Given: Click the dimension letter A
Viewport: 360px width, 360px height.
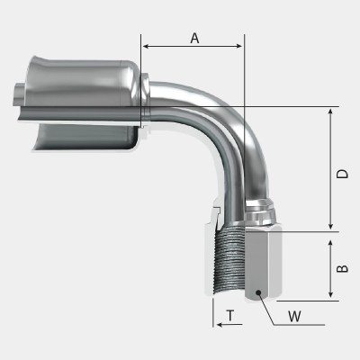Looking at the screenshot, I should [x=193, y=37].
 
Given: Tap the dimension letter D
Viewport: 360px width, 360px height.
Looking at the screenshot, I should [x=343, y=173].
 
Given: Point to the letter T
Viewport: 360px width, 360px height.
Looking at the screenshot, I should [x=231, y=316].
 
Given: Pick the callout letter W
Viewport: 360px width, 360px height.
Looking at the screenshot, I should [x=295, y=316].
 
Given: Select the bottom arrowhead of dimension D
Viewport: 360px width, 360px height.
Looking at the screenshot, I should [x=332, y=226].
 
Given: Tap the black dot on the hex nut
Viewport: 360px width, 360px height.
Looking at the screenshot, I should [x=256, y=292].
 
